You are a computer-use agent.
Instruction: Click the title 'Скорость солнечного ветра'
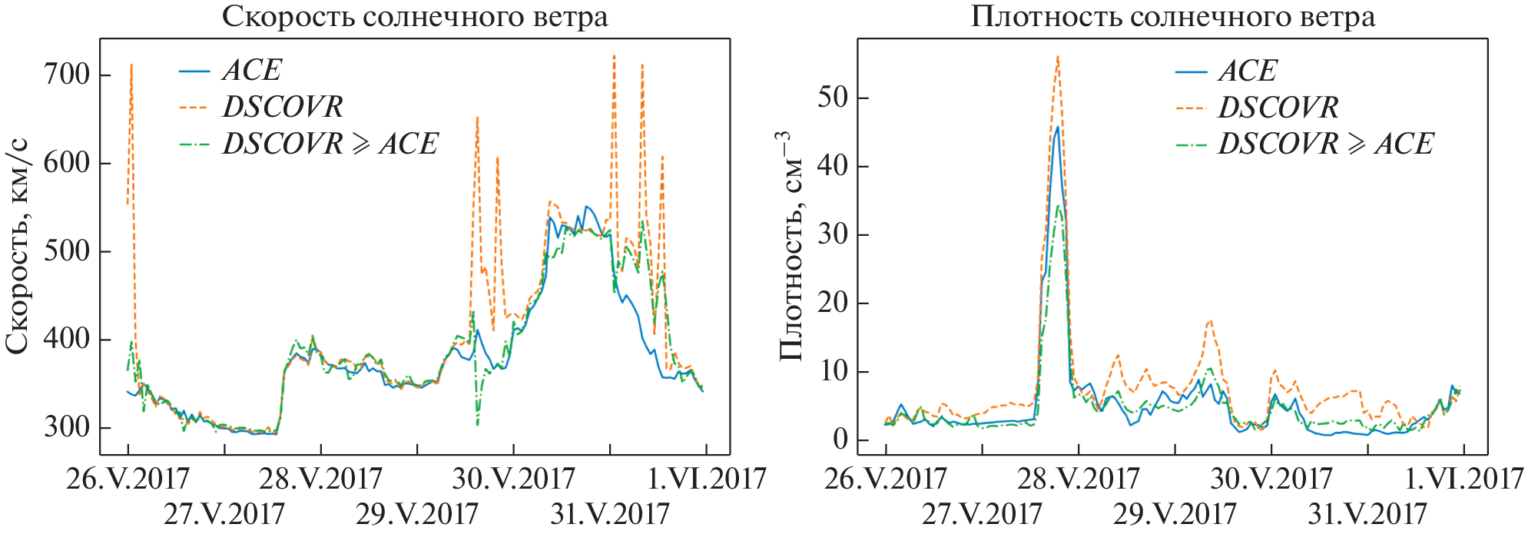point(415,17)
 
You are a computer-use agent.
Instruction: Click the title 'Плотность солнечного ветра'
point(1172,17)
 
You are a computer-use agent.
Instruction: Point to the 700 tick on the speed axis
point(68,75)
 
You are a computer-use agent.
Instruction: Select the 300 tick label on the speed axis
point(68,427)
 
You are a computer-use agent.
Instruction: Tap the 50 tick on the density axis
point(833,98)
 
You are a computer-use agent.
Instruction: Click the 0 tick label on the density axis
point(840,440)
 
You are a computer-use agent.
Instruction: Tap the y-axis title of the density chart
point(791,246)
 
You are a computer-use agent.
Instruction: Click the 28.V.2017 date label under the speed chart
point(320,479)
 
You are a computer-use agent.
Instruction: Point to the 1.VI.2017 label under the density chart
point(1464,479)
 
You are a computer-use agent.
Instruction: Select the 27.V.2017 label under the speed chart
point(224,513)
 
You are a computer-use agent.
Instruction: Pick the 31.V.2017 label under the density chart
point(1367,513)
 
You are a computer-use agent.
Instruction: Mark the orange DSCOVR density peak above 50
point(1058,57)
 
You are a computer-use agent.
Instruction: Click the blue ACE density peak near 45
point(1058,128)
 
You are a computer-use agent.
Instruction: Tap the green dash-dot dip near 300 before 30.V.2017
point(477,423)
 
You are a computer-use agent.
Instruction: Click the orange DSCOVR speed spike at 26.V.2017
point(131,66)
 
